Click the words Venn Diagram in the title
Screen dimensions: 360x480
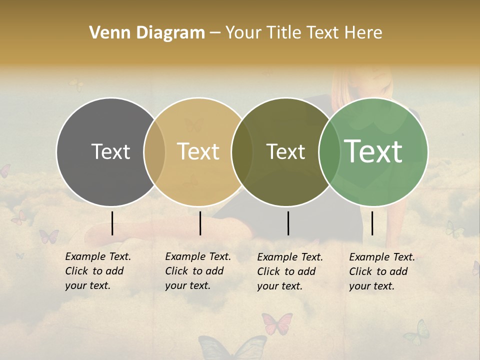(x=147, y=33)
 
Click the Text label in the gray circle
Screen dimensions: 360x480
(x=110, y=151)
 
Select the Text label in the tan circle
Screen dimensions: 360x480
(x=198, y=151)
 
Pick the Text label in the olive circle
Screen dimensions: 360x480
(x=285, y=151)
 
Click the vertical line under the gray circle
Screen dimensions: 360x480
(x=112, y=223)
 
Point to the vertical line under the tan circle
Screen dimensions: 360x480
(x=200, y=223)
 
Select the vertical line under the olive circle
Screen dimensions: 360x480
(x=288, y=223)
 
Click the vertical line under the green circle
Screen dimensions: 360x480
(x=372, y=223)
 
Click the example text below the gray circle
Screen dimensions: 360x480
(x=97, y=271)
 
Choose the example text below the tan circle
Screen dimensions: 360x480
(x=197, y=271)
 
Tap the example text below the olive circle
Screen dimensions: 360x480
(x=289, y=271)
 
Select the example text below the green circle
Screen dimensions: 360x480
(x=381, y=271)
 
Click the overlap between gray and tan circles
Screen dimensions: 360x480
(x=154, y=152)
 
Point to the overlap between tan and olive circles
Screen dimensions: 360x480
(x=242, y=152)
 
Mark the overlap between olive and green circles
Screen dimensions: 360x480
(x=328, y=152)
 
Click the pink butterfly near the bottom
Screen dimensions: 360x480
(x=277, y=323)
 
